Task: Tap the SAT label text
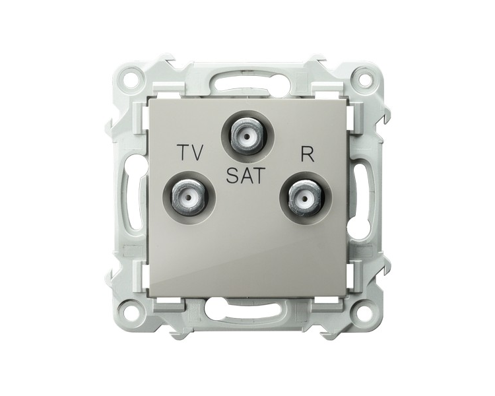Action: (245, 176)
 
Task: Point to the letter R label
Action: (307, 154)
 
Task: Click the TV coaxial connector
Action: (189, 198)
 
